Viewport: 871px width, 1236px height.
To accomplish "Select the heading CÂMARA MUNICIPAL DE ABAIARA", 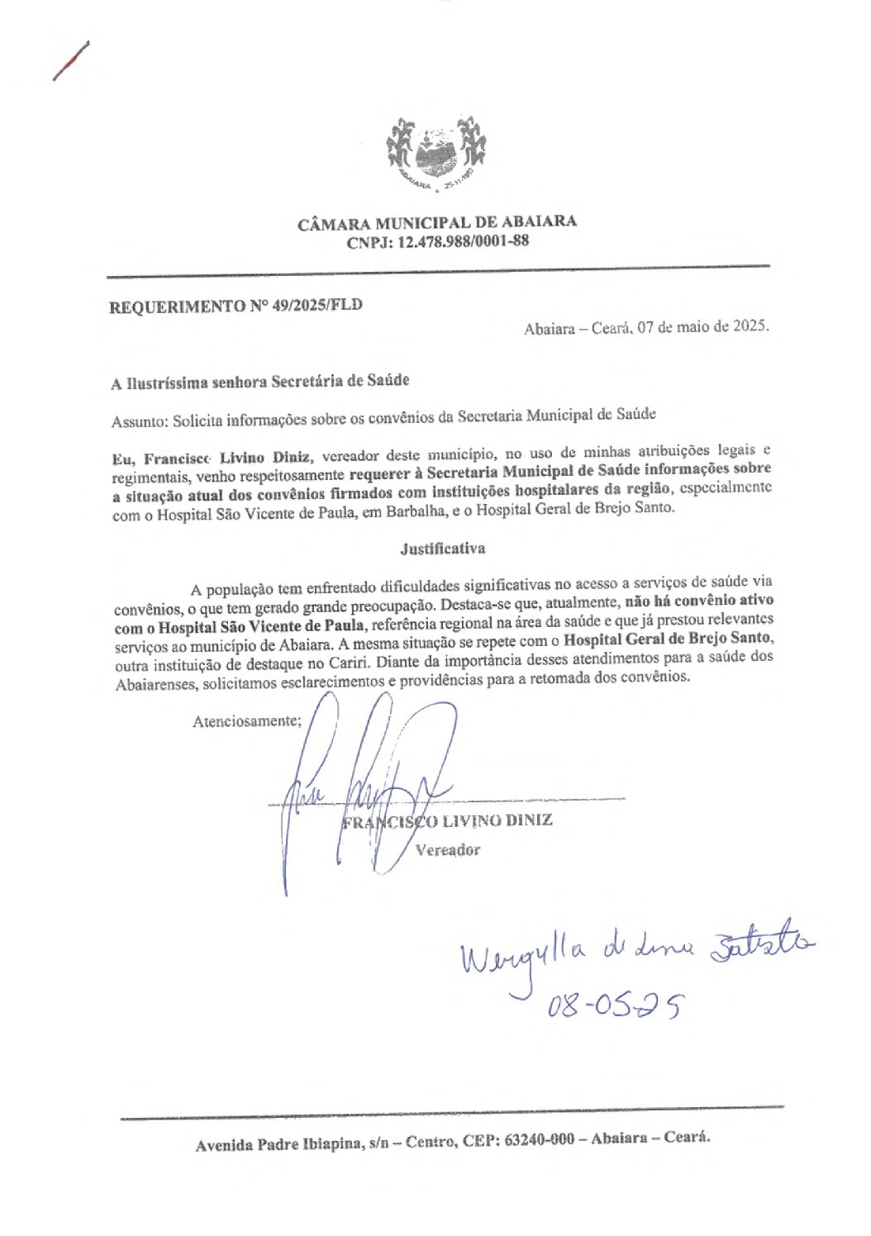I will point(437,222).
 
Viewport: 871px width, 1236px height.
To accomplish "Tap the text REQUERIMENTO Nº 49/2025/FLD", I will point(236,307).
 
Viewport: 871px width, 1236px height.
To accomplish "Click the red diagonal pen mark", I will point(70,60).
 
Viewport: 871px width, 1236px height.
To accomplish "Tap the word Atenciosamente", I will point(246,720).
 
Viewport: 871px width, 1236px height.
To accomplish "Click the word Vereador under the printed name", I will point(446,849).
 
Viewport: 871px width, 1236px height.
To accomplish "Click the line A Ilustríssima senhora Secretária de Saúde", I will point(260,382).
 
